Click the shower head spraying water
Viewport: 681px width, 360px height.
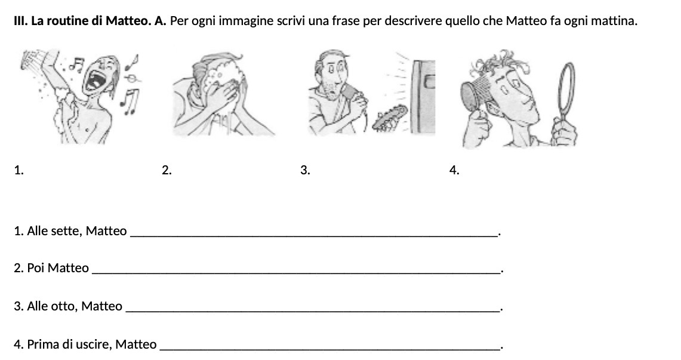coord(29,59)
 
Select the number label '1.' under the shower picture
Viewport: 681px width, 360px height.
coord(19,170)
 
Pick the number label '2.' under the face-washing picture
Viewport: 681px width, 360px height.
coord(167,170)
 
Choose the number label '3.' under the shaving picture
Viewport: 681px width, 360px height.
coord(305,170)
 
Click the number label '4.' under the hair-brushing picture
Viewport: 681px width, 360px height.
coord(454,170)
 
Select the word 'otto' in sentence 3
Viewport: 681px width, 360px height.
coord(65,307)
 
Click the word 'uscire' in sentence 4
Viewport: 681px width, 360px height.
coord(95,344)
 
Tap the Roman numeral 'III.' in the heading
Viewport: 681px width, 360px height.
coord(21,21)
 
